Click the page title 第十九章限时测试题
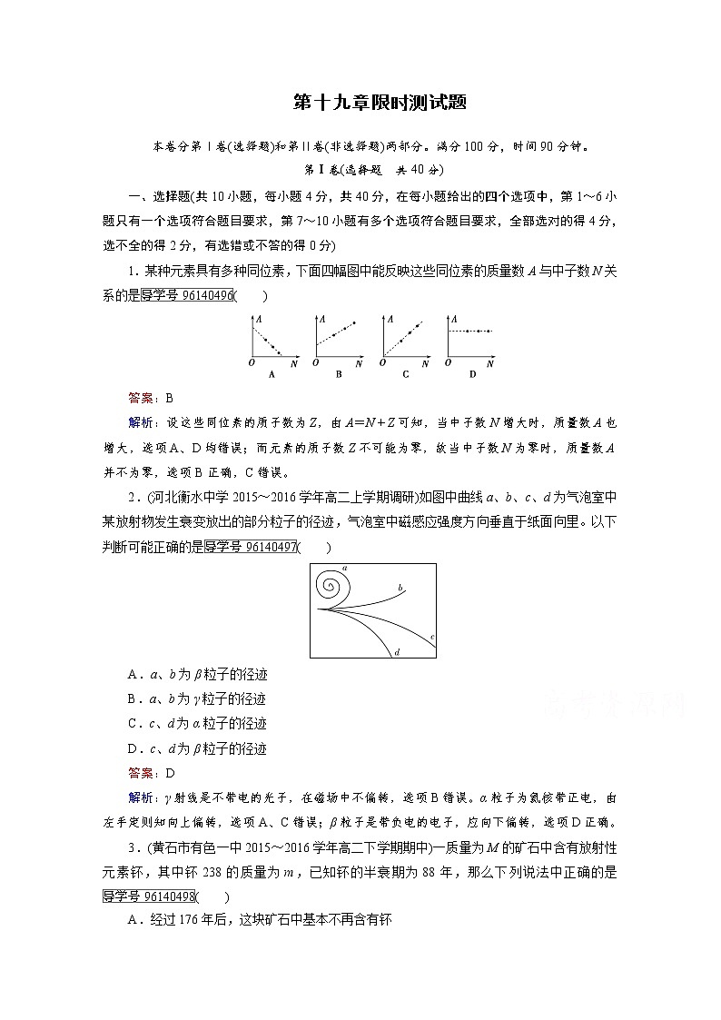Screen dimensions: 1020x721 pos(360,102)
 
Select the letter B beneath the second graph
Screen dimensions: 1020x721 pos(339,373)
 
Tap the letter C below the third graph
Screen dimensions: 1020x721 pos(405,373)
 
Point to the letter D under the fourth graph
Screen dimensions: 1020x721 pos(472,373)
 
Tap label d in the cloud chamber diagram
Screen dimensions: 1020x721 pos(397,652)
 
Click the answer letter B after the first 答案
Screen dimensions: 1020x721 pos(169,398)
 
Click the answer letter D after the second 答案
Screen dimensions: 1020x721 pos(169,773)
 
